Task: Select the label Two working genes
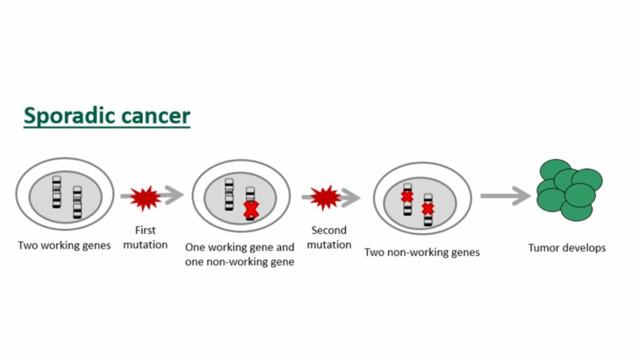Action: click(x=64, y=245)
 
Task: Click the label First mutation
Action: click(x=145, y=238)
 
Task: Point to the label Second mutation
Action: click(x=329, y=238)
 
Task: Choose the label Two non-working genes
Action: click(x=422, y=253)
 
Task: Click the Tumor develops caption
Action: click(x=567, y=248)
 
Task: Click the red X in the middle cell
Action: click(x=250, y=210)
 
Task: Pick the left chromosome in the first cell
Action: click(x=57, y=192)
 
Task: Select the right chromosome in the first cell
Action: click(x=77, y=202)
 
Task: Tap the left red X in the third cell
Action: click(x=407, y=197)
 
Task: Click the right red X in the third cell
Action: click(x=428, y=208)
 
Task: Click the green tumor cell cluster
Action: click(x=569, y=190)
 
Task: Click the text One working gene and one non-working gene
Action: click(x=240, y=255)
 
